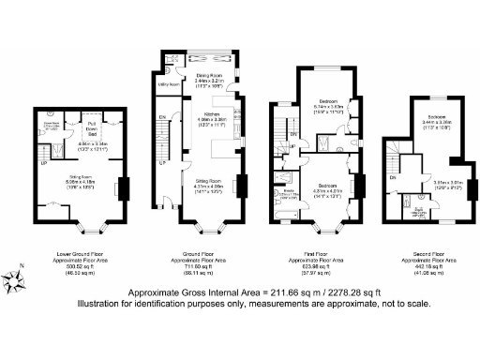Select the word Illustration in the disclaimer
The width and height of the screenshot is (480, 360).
[x=152, y=302]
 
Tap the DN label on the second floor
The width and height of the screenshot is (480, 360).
[x=393, y=177]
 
